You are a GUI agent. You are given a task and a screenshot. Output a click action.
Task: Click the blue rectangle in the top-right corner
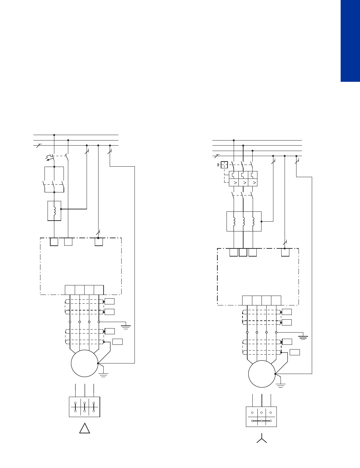click(350, 41)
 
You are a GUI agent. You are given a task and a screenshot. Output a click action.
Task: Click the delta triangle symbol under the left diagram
click(85, 429)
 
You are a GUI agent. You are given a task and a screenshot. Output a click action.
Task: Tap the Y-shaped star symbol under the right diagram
click(262, 438)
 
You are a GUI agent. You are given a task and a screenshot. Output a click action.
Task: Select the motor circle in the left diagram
click(85, 363)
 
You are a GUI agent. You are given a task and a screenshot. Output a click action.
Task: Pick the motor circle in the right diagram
click(262, 374)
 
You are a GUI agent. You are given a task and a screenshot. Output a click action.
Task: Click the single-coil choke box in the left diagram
click(54, 211)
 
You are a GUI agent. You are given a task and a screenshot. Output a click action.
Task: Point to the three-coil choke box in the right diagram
click(244, 221)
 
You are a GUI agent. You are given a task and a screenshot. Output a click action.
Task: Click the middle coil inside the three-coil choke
click(244, 221)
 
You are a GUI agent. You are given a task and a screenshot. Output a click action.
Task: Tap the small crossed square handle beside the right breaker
click(224, 165)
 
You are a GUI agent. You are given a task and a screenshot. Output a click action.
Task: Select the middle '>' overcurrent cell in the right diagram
click(244, 183)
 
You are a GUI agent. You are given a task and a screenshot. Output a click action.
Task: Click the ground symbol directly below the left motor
click(103, 375)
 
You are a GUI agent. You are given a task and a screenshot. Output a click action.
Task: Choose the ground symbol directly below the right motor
click(281, 385)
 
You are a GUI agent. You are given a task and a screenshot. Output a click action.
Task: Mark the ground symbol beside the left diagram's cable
click(126, 327)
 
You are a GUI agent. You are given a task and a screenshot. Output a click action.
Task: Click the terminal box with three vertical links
click(85, 407)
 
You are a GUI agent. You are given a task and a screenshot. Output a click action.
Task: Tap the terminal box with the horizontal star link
click(261, 416)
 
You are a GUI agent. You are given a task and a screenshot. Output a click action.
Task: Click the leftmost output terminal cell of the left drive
click(70, 290)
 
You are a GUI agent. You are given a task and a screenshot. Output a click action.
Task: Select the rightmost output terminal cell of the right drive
click(276, 300)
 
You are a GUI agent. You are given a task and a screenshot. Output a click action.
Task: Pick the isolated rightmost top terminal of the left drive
click(98, 242)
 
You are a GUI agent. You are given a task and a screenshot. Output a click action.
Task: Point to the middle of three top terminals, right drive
click(243, 252)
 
